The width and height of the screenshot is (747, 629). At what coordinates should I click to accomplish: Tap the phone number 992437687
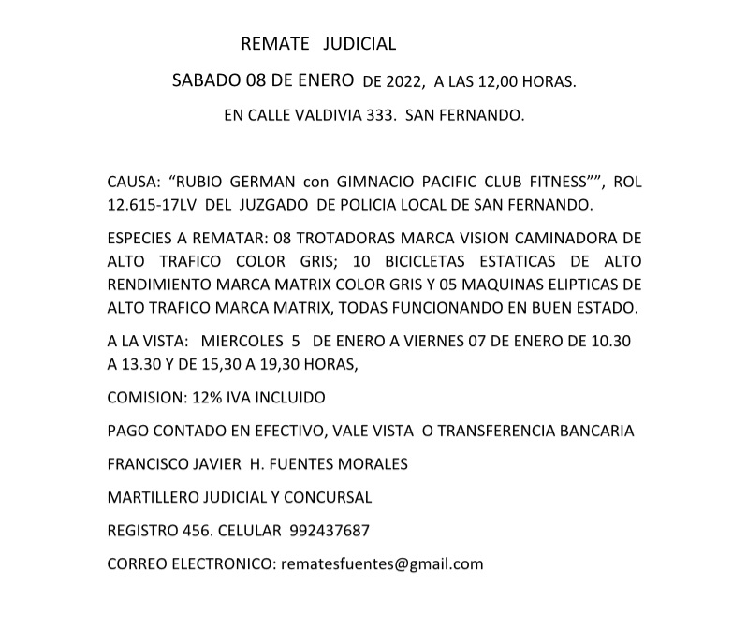[330, 531]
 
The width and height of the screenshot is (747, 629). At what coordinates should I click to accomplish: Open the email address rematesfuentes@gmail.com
[378, 563]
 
